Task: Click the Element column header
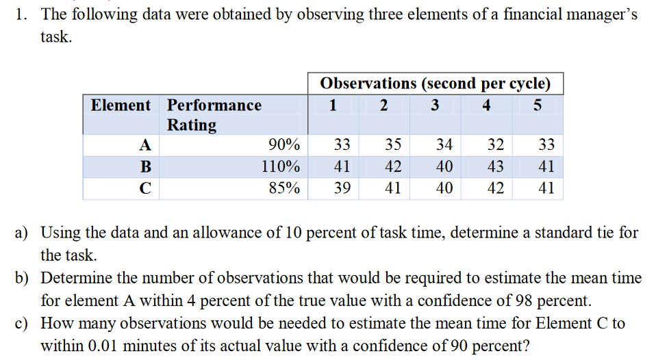coord(121,105)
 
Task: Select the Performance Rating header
coord(214,114)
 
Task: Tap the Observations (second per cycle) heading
coord(435,83)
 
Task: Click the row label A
coord(144,145)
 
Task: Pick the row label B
coord(144,166)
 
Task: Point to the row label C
coord(144,188)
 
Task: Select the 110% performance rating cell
coord(281,166)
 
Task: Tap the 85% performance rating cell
coord(283,188)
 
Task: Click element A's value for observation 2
coord(393,145)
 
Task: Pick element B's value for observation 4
coord(495,166)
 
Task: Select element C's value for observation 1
coord(342,188)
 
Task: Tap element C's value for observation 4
coord(495,188)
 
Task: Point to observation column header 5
coord(538,105)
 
